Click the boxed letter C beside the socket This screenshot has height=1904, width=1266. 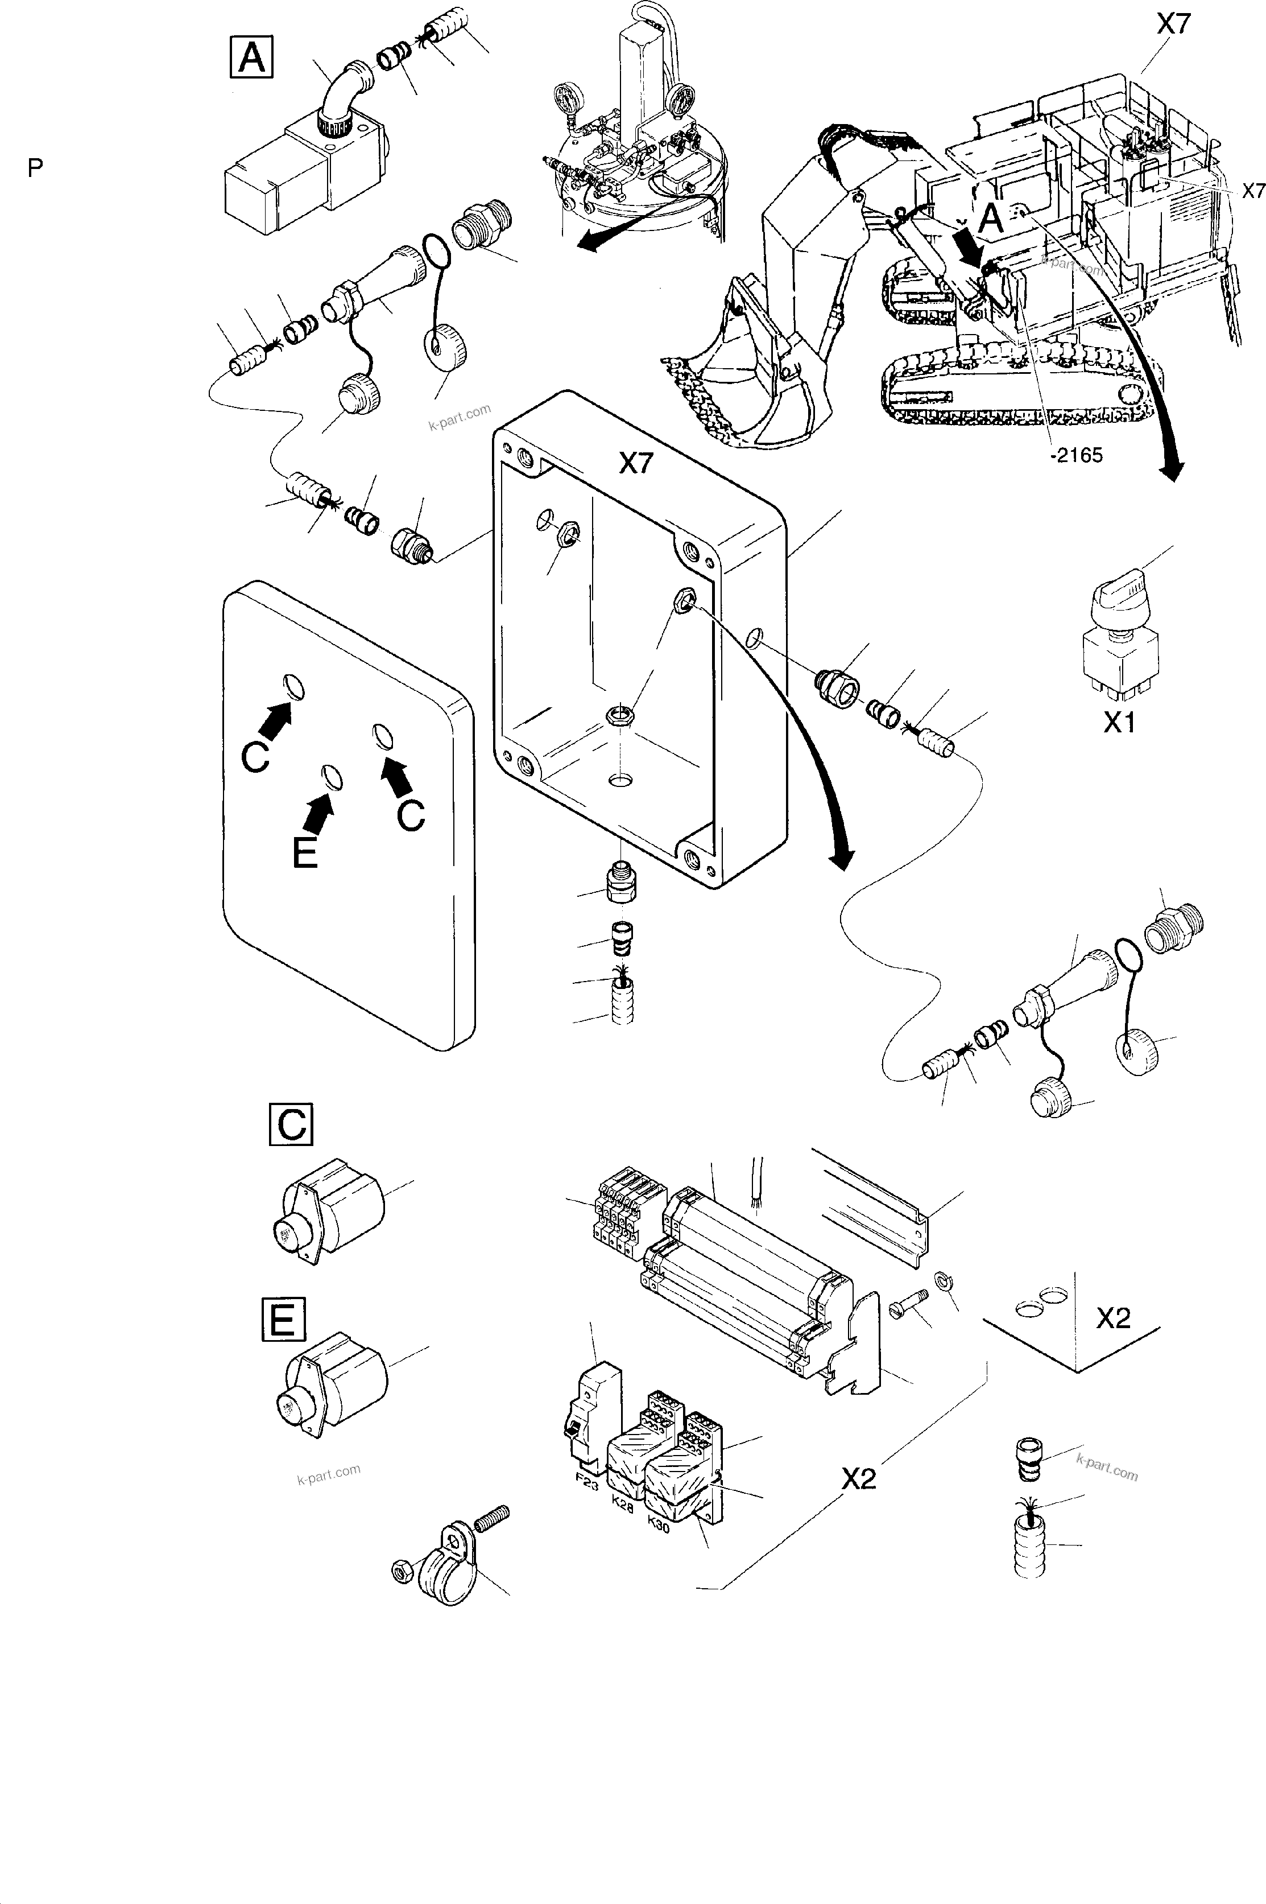[291, 1124]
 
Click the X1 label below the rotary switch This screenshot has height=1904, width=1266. [1119, 723]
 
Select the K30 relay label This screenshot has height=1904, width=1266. [659, 1520]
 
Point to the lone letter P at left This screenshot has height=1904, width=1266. [35, 168]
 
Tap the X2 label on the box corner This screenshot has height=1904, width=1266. [1112, 1319]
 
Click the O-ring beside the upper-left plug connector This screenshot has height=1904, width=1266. [437, 251]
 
